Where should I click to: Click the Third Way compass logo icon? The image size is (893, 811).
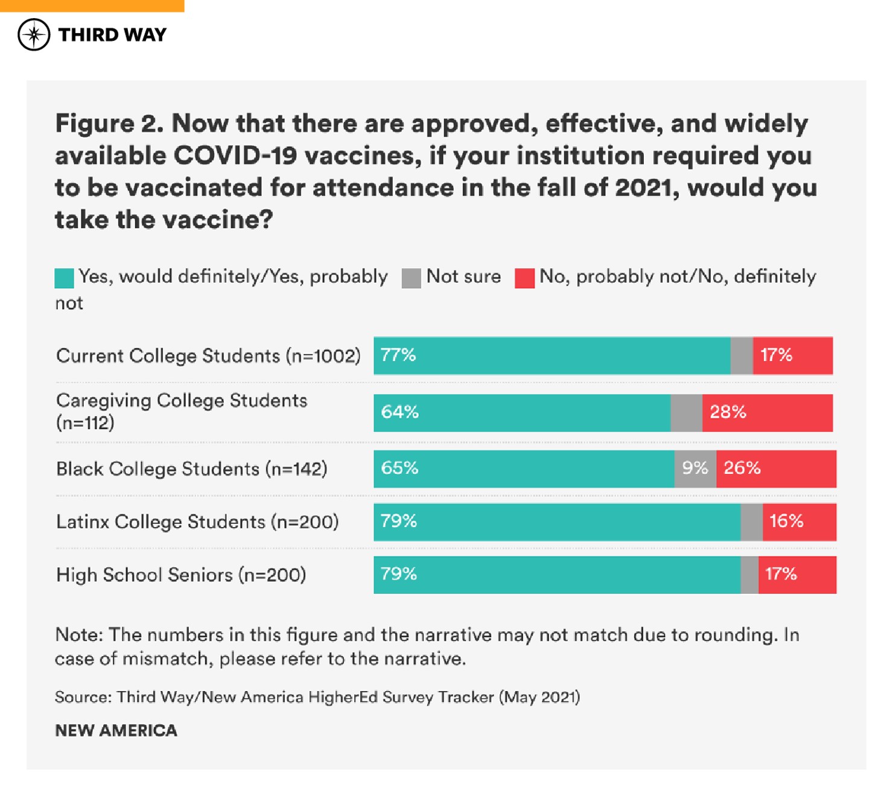coord(34,34)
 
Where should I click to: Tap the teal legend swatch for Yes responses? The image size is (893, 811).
coord(64,278)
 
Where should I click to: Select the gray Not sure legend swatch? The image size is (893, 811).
coord(411,278)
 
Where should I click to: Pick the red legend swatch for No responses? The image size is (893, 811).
coord(524,278)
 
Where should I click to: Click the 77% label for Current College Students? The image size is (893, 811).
coord(398,355)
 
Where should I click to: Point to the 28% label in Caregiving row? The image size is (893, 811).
coord(728,412)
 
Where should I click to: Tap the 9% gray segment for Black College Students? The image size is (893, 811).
coord(694,468)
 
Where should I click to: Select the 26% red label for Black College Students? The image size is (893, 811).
coord(742,468)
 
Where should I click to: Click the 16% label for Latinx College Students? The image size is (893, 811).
coord(786,521)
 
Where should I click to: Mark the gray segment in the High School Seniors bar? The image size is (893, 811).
coord(749,575)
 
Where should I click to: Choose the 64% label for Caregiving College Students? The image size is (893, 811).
coord(399,412)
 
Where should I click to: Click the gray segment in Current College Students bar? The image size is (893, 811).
coord(742,356)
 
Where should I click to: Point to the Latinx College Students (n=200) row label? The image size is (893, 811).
coord(197,522)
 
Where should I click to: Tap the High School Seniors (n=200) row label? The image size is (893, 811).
coord(181,575)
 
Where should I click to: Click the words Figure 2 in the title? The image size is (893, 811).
coord(109,124)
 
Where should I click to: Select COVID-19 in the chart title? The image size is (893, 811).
coord(235,156)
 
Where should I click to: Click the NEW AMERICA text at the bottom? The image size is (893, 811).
coord(116,731)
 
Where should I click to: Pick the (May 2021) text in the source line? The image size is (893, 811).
coord(539,697)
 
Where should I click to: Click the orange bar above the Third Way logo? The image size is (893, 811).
coord(92,5)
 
